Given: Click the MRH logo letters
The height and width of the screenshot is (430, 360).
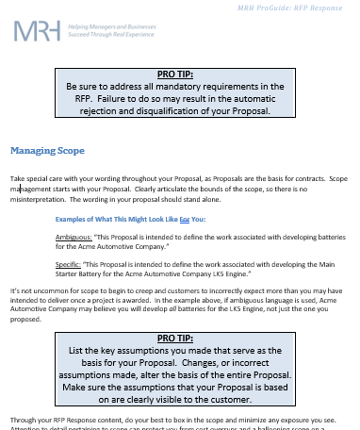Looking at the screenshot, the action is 37,34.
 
